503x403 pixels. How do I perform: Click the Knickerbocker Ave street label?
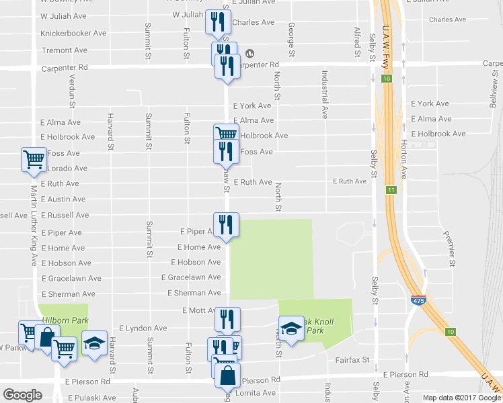[73, 33]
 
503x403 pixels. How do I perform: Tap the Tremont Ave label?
[65, 50]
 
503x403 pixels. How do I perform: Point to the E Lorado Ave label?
[64, 169]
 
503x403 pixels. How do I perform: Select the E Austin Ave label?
[63, 199]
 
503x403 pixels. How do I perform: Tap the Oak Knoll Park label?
[311, 326]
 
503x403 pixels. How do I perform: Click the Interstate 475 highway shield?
[417, 299]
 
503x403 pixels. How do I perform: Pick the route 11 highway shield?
[391, 191]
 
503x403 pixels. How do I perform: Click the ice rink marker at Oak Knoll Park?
[291, 328]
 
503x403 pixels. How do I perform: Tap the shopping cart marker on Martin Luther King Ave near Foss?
[34, 160]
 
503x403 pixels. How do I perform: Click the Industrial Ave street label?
[324, 94]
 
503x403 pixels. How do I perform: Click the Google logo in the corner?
[22, 394]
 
